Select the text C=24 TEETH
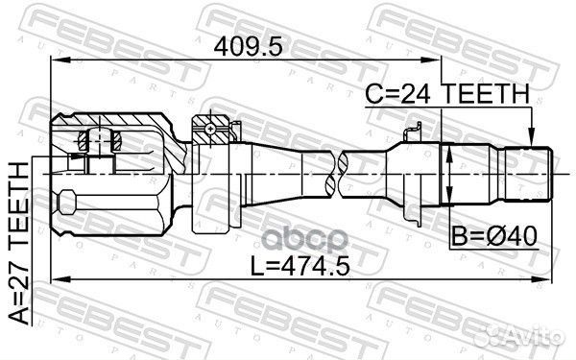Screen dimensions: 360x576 (446, 93)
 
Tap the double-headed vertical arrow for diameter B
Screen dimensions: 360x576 (448, 174)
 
